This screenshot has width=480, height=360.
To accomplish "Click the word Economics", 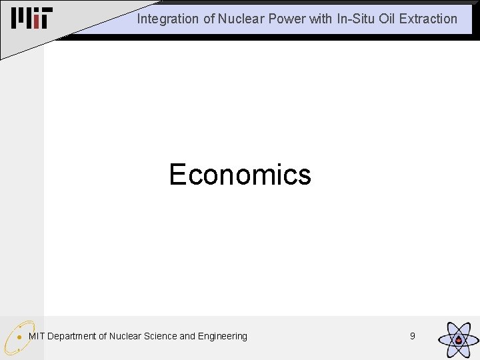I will click(240, 175).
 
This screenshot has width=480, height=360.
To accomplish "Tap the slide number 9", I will click(412, 336).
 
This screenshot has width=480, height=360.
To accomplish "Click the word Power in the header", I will click(287, 19).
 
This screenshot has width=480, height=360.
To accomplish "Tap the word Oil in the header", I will click(388, 19).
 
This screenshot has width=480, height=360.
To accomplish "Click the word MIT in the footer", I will click(37, 336).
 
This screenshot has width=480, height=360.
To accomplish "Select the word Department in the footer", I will click(72, 336).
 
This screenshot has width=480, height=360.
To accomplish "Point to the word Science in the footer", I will click(159, 336).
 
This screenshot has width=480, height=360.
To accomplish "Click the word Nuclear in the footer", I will click(125, 336).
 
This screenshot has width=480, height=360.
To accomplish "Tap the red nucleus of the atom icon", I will click(459, 341).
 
